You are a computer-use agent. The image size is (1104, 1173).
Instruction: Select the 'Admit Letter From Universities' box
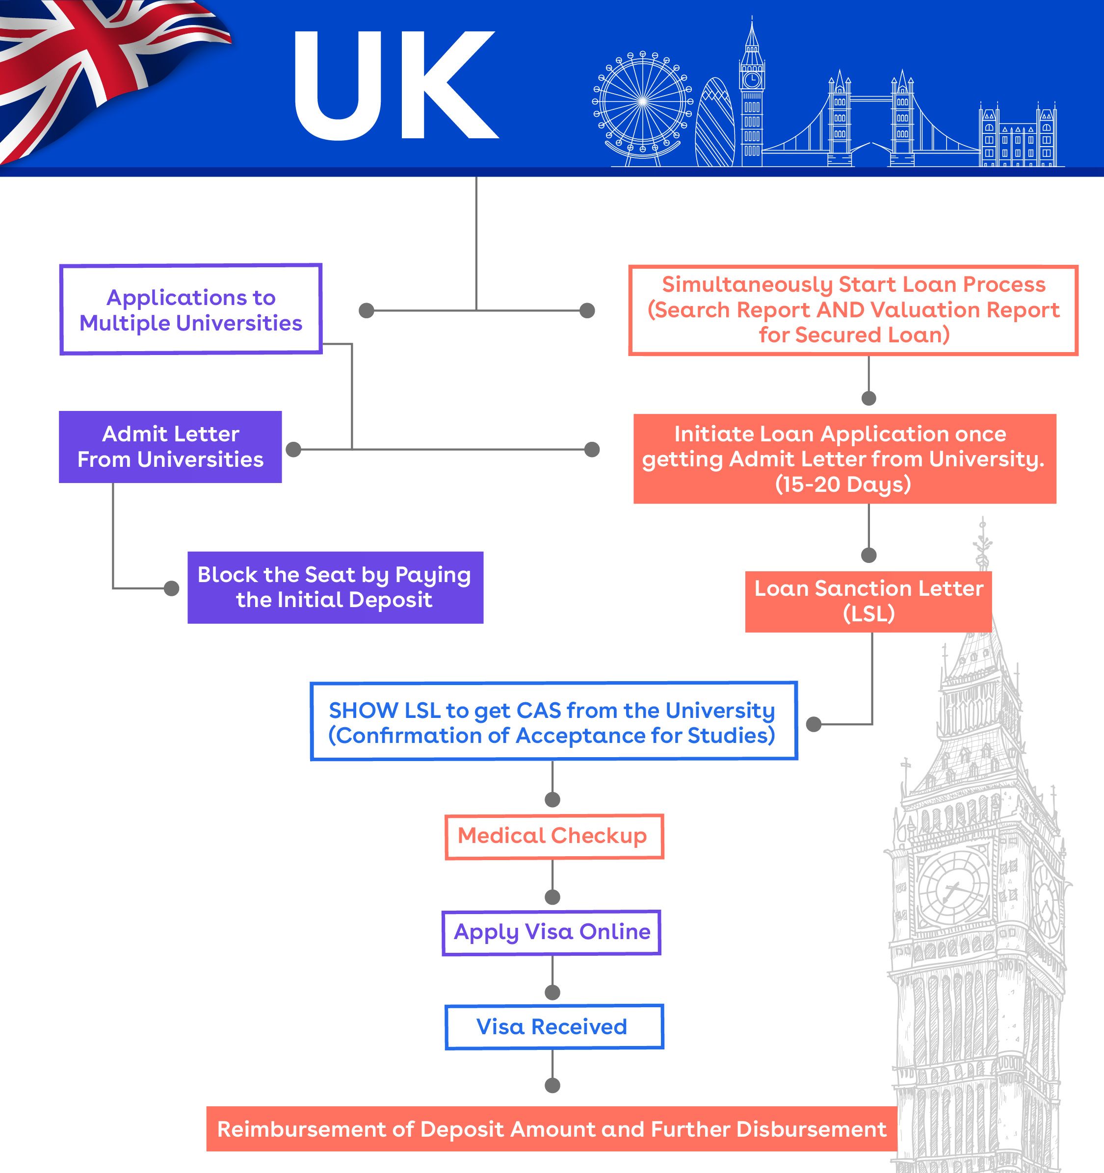click(x=170, y=447)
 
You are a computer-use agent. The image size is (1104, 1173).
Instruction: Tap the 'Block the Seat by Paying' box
click(x=335, y=587)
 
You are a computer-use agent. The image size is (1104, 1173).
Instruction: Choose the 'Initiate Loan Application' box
click(x=844, y=459)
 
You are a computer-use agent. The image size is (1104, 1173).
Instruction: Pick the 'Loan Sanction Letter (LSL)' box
click(x=868, y=601)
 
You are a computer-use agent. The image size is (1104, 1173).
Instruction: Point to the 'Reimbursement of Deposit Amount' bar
click(x=552, y=1129)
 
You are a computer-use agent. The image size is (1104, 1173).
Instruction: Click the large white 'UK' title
click(x=395, y=85)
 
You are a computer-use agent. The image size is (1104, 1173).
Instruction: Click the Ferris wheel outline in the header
click(x=642, y=102)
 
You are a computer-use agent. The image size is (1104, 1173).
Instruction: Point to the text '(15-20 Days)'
click(x=843, y=484)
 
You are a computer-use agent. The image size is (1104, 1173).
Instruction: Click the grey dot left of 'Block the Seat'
click(x=171, y=588)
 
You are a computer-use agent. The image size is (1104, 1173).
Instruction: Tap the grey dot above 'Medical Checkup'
click(x=552, y=799)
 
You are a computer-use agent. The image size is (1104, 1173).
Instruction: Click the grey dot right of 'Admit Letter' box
click(x=293, y=450)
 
